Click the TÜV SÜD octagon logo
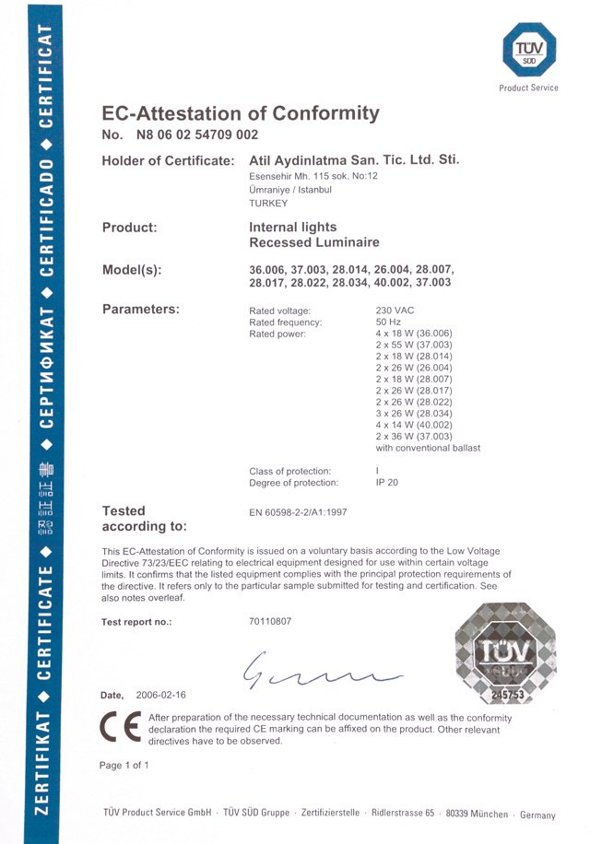click(529, 51)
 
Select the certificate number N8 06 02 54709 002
click(196, 135)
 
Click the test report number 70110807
click(270, 622)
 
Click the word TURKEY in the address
click(269, 203)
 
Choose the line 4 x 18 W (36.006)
click(414, 334)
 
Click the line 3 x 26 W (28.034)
click(414, 414)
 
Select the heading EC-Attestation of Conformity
click(240, 113)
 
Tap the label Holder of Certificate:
click(167, 161)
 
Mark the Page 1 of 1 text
click(124, 766)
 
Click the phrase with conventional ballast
click(428, 449)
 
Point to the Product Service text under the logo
click(529, 88)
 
